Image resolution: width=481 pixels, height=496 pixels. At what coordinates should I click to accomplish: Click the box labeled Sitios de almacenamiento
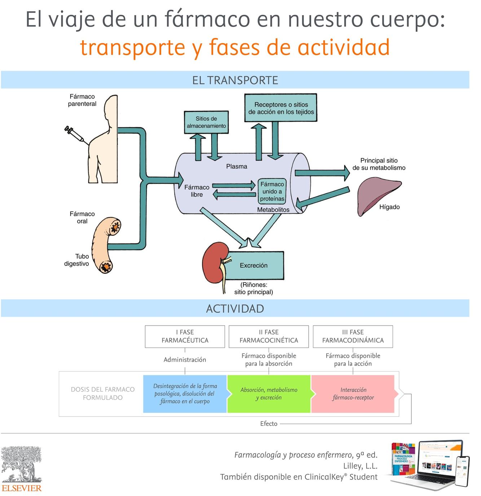click(x=206, y=122)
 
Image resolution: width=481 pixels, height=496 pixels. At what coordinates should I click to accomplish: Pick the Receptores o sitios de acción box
click(x=281, y=108)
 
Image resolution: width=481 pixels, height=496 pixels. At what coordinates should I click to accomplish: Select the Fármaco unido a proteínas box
click(x=272, y=191)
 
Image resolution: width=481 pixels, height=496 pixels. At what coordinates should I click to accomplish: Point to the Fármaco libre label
click(x=197, y=191)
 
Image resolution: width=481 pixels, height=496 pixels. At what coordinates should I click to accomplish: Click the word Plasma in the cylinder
click(x=237, y=166)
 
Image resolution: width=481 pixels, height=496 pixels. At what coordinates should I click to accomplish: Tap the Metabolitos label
click(x=273, y=209)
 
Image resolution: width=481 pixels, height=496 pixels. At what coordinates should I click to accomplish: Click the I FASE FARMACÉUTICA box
click(x=185, y=337)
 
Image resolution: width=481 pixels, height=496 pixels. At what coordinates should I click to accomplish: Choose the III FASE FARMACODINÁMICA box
click(x=353, y=337)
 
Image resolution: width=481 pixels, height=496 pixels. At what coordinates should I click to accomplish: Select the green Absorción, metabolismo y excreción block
click(x=269, y=394)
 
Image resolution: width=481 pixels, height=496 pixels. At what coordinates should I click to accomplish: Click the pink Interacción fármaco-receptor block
click(x=353, y=394)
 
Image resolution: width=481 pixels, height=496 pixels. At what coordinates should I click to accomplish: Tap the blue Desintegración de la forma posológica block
click(x=185, y=394)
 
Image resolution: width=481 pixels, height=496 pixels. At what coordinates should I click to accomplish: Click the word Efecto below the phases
click(x=269, y=424)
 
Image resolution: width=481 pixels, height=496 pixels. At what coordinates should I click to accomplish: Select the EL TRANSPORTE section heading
click(x=235, y=80)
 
